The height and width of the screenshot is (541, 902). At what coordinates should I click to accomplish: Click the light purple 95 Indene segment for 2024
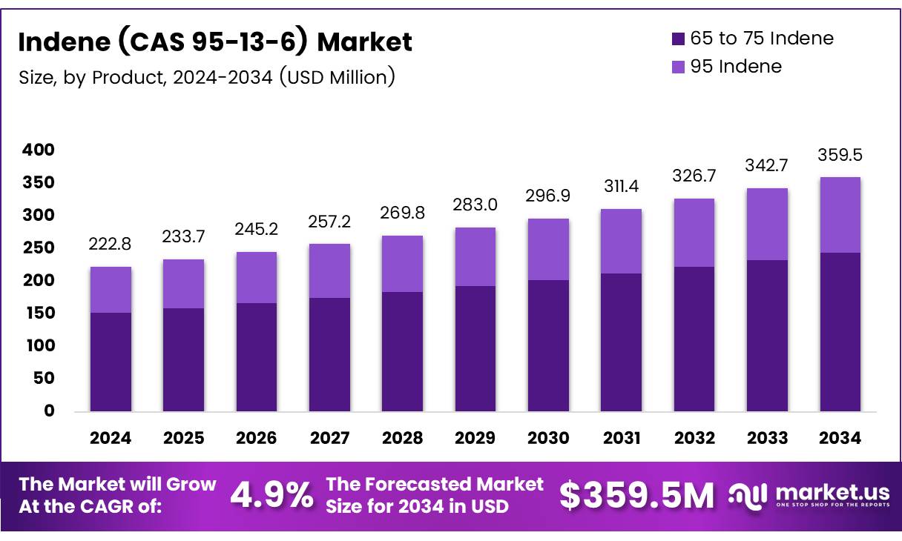[111, 290]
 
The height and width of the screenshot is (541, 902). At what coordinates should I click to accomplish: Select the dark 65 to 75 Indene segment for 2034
[840, 332]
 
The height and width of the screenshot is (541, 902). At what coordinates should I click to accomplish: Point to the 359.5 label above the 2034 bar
[840, 156]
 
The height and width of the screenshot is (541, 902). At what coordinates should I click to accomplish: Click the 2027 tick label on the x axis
[329, 438]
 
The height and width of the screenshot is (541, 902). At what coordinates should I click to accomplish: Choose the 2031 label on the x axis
[622, 438]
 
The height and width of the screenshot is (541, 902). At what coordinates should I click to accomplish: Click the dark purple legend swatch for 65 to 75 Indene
[678, 39]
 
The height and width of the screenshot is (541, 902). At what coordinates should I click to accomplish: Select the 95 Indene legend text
[736, 67]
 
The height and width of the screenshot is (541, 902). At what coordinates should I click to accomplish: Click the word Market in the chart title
[364, 42]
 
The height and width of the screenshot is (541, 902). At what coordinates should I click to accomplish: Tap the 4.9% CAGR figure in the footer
[271, 495]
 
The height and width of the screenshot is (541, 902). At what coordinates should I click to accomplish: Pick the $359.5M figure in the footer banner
[636, 495]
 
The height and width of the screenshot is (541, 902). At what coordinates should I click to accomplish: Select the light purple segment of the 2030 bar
[548, 250]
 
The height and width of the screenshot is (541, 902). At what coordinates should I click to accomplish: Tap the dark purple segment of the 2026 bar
[257, 357]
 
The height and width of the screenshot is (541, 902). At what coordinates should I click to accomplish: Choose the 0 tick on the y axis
[49, 411]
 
